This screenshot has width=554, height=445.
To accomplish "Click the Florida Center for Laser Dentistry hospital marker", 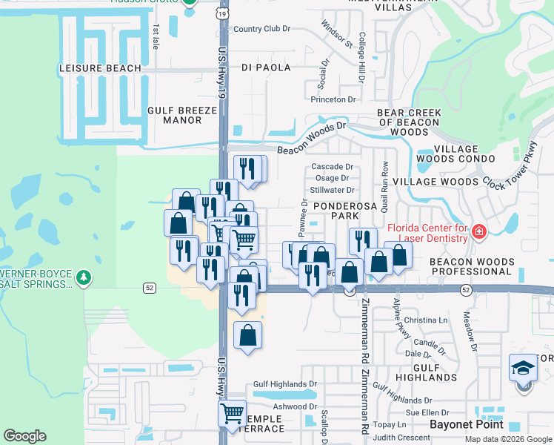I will (479, 233).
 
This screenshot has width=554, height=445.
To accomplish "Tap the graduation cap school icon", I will (523, 369).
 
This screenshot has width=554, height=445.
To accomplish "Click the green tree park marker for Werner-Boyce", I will (84, 277).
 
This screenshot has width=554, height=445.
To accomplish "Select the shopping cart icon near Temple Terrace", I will (233, 412).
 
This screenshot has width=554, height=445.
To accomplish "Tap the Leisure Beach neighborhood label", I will (100, 68).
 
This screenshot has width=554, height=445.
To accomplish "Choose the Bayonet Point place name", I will (467, 424).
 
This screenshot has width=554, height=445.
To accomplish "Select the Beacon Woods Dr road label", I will (311, 139).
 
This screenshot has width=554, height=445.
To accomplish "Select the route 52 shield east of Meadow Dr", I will (466, 289).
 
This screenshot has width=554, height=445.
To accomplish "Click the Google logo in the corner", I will (25, 436).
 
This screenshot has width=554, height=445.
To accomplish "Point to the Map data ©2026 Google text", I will (507, 439).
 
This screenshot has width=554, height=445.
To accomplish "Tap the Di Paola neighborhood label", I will (266, 67).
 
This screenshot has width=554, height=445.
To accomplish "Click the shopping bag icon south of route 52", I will (247, 335).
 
